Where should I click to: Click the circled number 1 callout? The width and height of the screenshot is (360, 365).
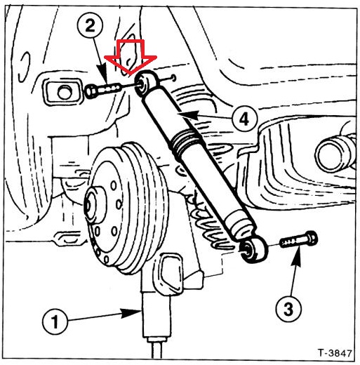coord(55,321)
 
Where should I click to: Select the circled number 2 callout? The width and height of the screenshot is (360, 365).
coord(91,25)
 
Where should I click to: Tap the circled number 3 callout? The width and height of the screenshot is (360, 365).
coord(288,309)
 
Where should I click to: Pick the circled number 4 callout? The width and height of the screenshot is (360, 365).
coord(245,119)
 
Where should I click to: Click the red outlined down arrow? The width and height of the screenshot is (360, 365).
coord(131,58)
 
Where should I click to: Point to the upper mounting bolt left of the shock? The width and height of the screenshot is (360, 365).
coord(102,90)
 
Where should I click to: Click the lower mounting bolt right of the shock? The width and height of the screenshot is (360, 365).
coord(298,239)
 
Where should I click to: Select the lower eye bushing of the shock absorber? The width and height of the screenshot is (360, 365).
coord(253,250)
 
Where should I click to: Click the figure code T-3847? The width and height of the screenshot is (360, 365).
coord(335,353)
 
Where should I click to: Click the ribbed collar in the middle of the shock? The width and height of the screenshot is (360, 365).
coord(187,144)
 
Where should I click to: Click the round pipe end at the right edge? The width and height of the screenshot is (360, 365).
coord(333,152)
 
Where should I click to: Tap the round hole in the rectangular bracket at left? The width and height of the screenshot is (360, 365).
coord(64,93)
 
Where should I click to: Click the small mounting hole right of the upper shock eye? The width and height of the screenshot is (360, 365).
coord(173,78)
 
